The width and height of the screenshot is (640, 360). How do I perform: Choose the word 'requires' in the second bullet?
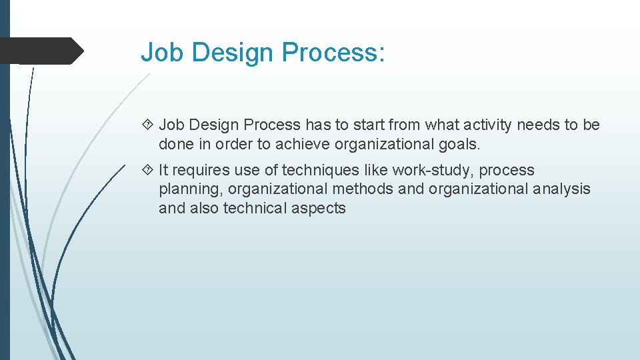[201, 170]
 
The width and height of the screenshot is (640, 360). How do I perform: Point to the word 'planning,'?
[191, 189]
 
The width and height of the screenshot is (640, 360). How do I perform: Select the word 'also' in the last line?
[205, 208]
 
